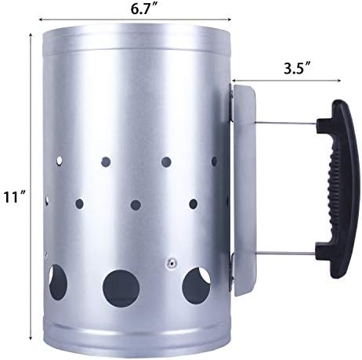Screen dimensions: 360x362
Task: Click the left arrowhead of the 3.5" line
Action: [234, 80]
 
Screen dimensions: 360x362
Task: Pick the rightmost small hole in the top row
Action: [213, 160]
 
